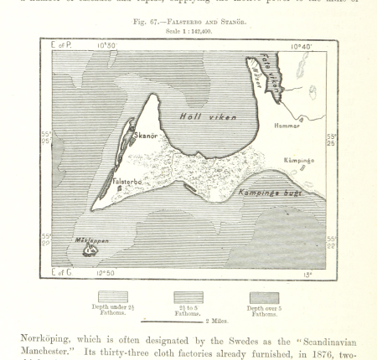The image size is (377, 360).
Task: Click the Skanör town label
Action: pos(146,135)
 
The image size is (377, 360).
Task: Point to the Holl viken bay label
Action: pos(209,117)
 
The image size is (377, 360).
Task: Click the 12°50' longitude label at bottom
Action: pos(105,273)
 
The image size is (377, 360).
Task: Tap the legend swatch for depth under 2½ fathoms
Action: pos(113,296)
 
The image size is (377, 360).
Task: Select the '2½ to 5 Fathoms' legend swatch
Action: pos(188,296)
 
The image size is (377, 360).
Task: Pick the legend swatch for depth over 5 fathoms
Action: pos(263,296)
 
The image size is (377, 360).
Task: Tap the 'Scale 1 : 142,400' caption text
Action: pos(188,31)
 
